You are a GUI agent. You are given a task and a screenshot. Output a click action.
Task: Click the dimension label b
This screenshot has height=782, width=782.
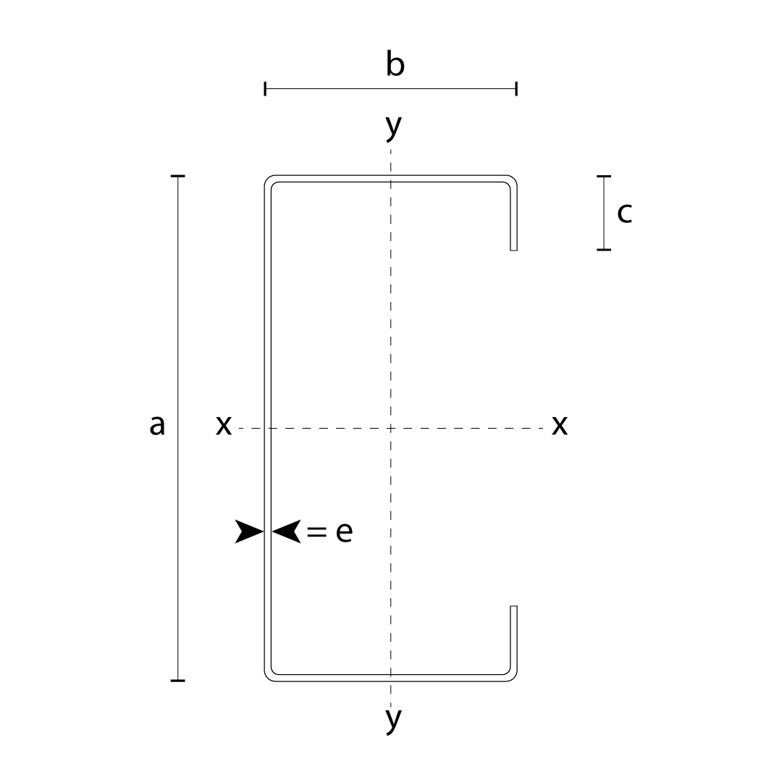point(395,63)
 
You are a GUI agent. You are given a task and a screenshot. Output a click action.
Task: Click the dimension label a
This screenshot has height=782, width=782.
point(157,426)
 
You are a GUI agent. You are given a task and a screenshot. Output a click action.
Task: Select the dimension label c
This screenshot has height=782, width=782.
point(624,213)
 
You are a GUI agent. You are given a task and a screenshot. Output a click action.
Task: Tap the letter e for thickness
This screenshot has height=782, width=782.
point(344,531)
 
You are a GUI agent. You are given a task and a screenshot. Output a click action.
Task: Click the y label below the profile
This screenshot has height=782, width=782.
point(393,719)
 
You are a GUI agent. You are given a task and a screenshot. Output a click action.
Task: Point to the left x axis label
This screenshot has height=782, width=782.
point(224,426)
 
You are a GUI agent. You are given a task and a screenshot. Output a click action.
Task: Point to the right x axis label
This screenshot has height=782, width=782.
point(560,426)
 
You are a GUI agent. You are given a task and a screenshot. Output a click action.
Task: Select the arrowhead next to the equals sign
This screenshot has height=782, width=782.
point(286,531)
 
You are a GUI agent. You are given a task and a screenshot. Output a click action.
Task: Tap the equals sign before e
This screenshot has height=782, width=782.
point(316,532)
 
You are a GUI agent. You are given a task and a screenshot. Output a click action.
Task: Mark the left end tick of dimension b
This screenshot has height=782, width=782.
point(265,89)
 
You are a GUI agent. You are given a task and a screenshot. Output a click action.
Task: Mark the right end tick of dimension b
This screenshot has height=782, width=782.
point(517,89)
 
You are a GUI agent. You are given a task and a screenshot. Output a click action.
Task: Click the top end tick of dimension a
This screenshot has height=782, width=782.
point(177,176)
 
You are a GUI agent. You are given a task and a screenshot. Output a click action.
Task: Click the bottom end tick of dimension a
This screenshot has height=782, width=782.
point(177,680)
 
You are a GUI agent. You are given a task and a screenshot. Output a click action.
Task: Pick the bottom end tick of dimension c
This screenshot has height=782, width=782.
point(604,249)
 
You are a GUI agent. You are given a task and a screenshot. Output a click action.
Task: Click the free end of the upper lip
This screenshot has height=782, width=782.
point(513,250)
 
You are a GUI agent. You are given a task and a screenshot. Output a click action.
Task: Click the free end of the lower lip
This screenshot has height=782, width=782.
point(513,607)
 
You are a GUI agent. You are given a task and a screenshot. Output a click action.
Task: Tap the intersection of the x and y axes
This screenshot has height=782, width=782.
point(390,428)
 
